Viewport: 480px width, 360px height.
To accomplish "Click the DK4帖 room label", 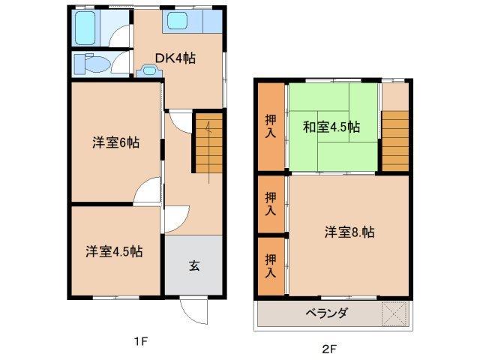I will (x=175, y=58).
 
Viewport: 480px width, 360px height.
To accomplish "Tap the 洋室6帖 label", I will (x=115, y=142).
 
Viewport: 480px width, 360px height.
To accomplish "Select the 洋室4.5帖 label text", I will (x=114, y=251).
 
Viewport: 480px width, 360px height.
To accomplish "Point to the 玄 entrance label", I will (x=193, y=265).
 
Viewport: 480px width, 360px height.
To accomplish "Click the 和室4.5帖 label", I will (x=331, y=126).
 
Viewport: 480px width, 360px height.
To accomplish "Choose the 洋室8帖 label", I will (x=349, y=232).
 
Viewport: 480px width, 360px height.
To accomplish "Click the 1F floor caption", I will (x=140, y=342).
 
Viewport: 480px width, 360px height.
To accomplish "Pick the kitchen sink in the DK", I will (x=180, y=22).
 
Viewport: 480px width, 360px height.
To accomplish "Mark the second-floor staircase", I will (x=395, y=139).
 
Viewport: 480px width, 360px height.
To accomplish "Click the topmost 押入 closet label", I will (x=271, y=125).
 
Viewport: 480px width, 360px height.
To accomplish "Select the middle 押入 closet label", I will (x=271, y=203).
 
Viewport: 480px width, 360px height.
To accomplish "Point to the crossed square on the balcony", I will (x=394, y=313).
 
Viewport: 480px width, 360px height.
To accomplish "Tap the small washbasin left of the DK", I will (x=150, y=70).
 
